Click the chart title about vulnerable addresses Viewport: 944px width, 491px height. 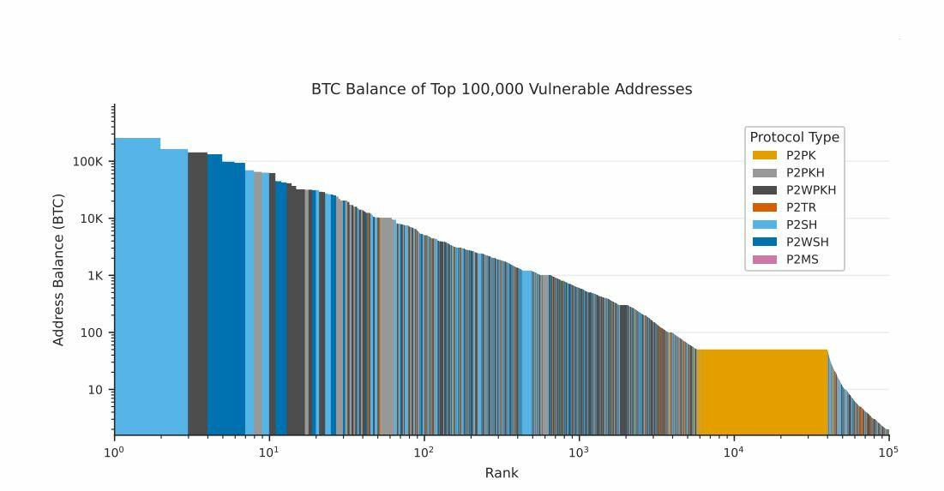coord(502,89)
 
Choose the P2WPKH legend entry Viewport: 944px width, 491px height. coord(797,190)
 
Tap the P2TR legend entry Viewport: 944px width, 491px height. coord(789,207)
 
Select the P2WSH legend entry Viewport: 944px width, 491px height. coord(794,242)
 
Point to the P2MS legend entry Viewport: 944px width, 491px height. coord(790,260)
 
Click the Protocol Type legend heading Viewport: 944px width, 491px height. coord(794,137)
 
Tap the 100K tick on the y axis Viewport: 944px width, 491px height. coord(87,162)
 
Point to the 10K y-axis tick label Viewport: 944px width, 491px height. coord(90,219)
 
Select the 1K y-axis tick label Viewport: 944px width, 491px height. coord(93,276)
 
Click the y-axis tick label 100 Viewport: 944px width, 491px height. coord(93,333)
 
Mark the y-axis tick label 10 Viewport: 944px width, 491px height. coord(96,390)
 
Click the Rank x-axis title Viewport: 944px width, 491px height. coord(502,473)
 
